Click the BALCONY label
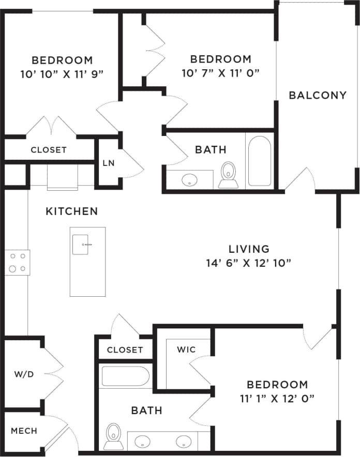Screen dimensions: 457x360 point(317,95)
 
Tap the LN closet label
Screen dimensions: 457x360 point(108,163)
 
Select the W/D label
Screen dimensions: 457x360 point(24,374)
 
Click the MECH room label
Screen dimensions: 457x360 point(24,431)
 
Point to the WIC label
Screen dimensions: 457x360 point(186,349)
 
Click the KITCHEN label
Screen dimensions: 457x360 point(71,211)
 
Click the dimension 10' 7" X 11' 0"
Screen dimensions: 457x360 point(220,73)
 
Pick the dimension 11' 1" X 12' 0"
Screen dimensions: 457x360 point(277,398)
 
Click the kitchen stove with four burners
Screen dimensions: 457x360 point(17,262)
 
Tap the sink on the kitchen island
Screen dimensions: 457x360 point(83,245)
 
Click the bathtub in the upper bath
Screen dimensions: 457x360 point(259,161)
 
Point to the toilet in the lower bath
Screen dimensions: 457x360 point(113,435)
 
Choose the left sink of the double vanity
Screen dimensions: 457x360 point(142,442)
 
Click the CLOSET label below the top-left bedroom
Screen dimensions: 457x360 point(49,150)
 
